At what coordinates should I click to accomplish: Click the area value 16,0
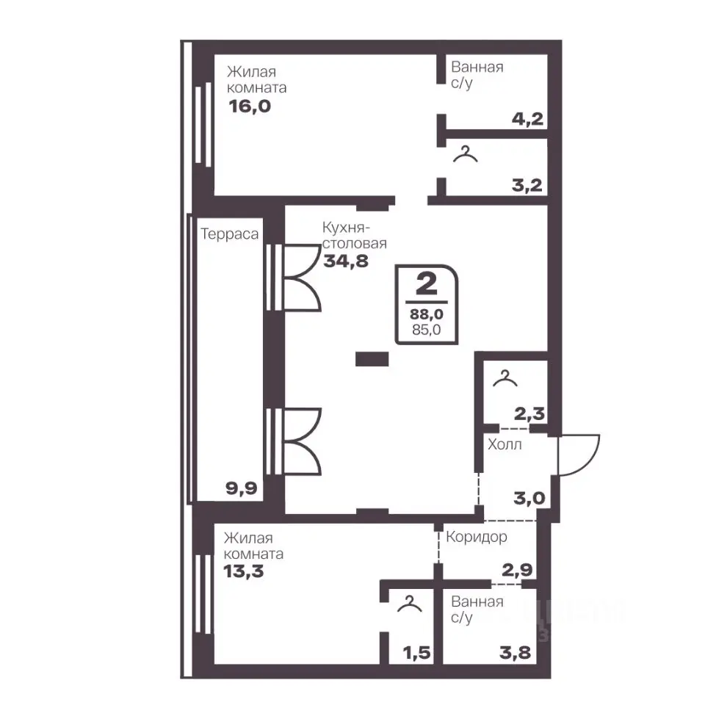(250, 106)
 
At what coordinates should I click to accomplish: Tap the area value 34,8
(346, 261)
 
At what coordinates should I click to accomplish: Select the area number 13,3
(243, 571)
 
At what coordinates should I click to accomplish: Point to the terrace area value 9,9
(242, 488)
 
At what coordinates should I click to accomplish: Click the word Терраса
(229, 234)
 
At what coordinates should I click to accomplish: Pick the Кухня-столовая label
(354, 235)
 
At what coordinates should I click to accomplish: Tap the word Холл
(505, 445)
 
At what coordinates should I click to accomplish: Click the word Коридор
(477, 537)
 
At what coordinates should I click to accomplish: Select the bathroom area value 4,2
(528, 119)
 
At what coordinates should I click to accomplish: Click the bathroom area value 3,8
(516, 652)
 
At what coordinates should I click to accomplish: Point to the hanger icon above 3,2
(466, 153)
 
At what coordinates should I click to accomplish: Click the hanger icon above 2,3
(505, 378)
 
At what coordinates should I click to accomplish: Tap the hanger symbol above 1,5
(410, 604)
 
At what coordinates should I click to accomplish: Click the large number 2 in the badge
(426, 283)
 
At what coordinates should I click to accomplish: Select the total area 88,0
(426, 314)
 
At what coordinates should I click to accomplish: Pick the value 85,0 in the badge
(426, 330)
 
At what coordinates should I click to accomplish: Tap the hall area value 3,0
(529, 498)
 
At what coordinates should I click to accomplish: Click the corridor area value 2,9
(518, 570)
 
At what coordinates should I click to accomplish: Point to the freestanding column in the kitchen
(372, 359)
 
